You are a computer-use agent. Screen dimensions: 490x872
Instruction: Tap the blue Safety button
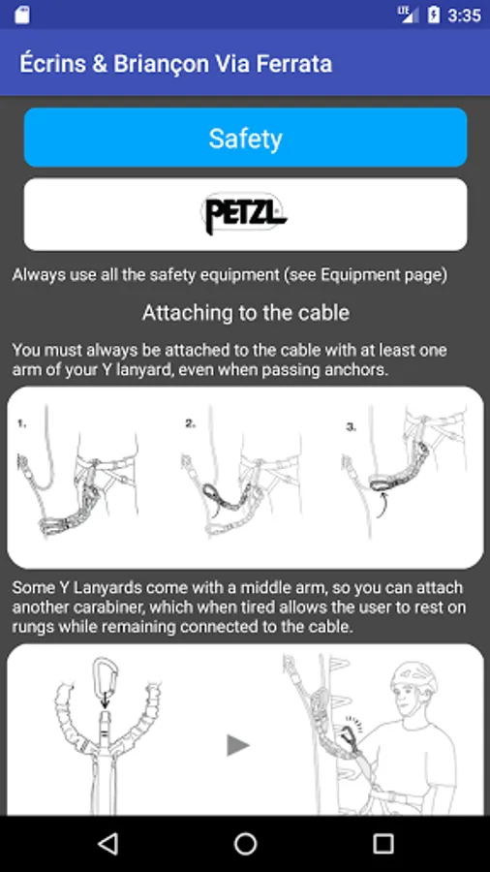point(245,138)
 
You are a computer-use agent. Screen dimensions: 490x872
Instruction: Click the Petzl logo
point(243,213)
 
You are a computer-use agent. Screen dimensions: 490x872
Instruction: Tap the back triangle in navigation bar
point(107,844)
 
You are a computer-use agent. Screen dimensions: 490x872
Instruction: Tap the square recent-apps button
point(383,844)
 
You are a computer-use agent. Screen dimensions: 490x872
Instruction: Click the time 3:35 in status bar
point(464,15)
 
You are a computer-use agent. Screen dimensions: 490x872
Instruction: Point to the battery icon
point(433,15)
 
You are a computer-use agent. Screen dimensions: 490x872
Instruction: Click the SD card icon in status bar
point(22,15)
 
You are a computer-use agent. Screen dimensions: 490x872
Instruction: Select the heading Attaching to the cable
point(246,313)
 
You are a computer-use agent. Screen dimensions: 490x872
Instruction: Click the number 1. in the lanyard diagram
point(21,423)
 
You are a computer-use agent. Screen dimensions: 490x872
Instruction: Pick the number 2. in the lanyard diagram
point(191,423)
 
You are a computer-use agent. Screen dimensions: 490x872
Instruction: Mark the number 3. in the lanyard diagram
point(352,427)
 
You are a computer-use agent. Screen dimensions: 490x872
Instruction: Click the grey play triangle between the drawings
point(238,745)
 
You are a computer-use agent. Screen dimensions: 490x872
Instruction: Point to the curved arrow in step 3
point(383,506)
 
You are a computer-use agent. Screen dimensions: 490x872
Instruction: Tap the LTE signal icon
point(409,14)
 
